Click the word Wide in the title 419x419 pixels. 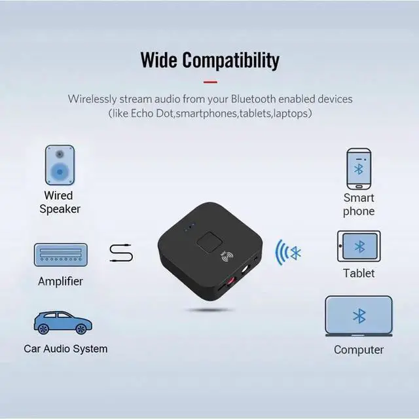click(x=159, y=60)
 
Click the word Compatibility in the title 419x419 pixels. click(x=230, y=60)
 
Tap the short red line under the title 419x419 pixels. click(x=209, y=82)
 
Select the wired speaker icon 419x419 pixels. click(x=60, y=165)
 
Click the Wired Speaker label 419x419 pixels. click(x=60, y=202)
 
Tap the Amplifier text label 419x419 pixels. click(x=60, y=282)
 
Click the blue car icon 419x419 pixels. click(x=62, y=322)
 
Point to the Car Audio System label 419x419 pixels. click(x=65, y=348)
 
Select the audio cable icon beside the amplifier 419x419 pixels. click(x=121, y=253)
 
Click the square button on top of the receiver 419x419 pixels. click(x=211, y=241)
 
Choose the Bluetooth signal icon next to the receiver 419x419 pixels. click(x=288, y=253)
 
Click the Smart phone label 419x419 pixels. click(x=359, y=204)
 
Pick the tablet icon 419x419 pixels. click(x=359, y=247)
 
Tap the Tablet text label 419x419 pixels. click(x=359, y=273)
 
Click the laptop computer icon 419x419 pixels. click(x=359, y=318)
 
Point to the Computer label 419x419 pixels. click(x=359, y=350)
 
